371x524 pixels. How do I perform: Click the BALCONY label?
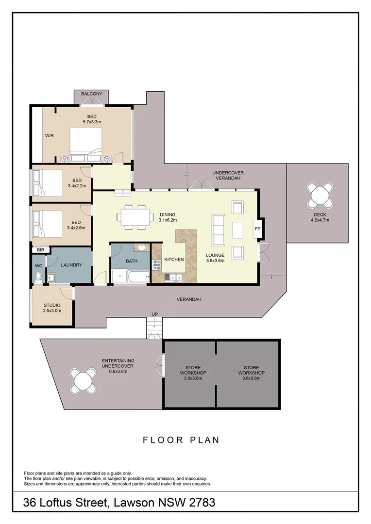pyautogui.click(x=92, y=94)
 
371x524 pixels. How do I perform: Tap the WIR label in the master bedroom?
pyautogui.click(x=50, y=136)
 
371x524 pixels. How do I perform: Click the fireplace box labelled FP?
pyautogui.click(x=257, y=229)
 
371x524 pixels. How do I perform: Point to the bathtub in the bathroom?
pyautogui.click(x=138, y=277)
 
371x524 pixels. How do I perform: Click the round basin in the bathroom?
pyautogui.click(x=141, y=247)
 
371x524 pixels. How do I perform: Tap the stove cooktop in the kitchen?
pyautogui.click(x=156, y=264)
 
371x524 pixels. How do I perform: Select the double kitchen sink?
pyautogui.click(x=173, y=277)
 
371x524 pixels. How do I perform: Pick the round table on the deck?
pyautogui.click(x=320, y=196)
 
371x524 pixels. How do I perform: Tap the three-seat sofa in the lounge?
pyautogui.click(x=218, y=229)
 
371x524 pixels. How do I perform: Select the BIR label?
pyautogui.click(x=40, y=250)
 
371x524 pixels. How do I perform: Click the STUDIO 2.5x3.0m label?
pyautogui.click(x=52, y=308)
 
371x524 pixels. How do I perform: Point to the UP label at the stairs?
pyautogui.click(x=154, y=314)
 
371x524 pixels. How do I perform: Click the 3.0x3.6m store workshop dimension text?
pyautogui.click(x=193, y=378)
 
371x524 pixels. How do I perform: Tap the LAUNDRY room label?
pyautogui.click(x=71, y=265)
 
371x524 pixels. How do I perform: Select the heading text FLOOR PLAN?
pyautogui.click(x=181, y=440)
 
